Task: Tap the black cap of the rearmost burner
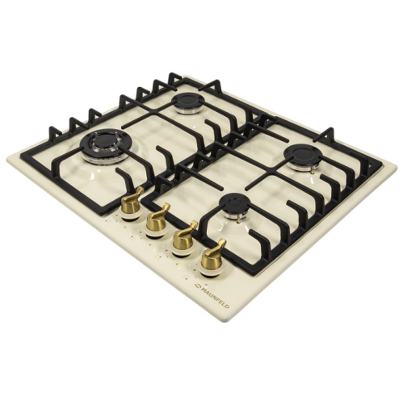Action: click(186, 99)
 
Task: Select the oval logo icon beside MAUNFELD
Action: click(197, 286)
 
